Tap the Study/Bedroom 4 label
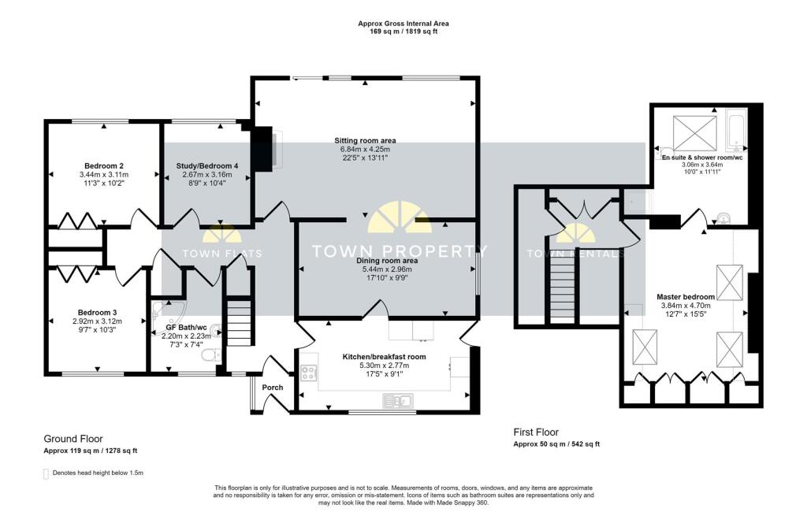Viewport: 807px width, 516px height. pyautogui.click(x=207, y=165)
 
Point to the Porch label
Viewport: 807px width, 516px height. pyautogui.click(x=273, y=387)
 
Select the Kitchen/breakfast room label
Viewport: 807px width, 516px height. pyautogui.click(x=384, y=357)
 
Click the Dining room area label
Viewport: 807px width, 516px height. pyautogui.click(x=387, y=260)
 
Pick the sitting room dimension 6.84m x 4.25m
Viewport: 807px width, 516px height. pyautogui.click(x=365, y=150)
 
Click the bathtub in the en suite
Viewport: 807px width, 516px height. pyautogui.click(x=735, y=131)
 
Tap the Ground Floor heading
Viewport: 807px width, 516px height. pyautogui.click(x=73, y=439)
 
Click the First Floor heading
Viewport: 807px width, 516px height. pyautogui.click(x=536, y=432)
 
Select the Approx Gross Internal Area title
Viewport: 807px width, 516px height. pyautogui.click(x=403, y=24)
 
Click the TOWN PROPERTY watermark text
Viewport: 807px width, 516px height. pyautogui.click(x=400, y=252)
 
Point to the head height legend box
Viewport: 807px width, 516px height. pyautogui.click(x=46, y=473)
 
